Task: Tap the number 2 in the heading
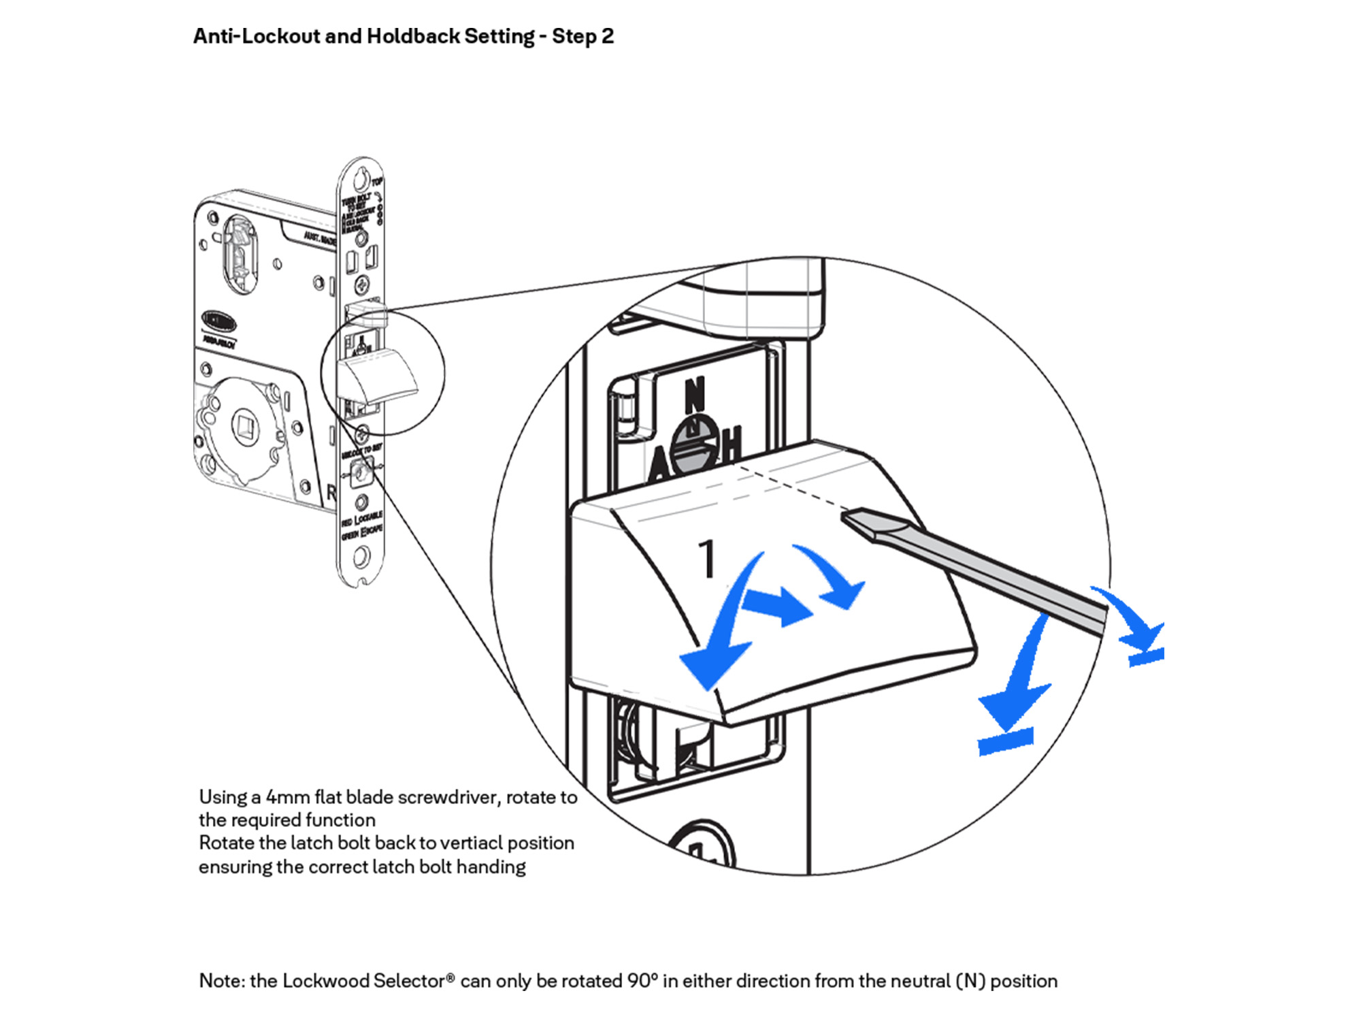pos(607,36)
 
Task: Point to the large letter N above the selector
pos(694,395)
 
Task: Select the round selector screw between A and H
pos(695,445)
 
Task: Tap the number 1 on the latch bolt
pos(708,560)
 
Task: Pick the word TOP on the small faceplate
pos(377,181)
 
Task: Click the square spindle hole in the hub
pos(244,426)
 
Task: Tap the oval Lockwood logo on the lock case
pos(219,321)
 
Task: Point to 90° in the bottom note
pos(642,981)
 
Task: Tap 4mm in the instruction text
pos(287,797)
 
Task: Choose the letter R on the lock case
pos(331,492)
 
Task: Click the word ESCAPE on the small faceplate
pos(372,530)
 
